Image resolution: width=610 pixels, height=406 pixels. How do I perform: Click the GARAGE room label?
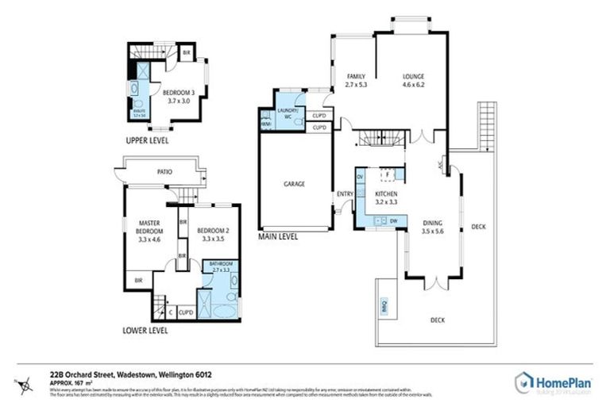tap(295, 184)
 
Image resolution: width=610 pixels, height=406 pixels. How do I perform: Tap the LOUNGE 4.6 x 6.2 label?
tap(414, 79)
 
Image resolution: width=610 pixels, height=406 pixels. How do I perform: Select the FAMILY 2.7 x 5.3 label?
tap(356, 79)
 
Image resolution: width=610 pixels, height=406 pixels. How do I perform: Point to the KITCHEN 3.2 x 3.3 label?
tap(386, 198)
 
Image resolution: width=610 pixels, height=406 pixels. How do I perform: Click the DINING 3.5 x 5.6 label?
tap(433, 228)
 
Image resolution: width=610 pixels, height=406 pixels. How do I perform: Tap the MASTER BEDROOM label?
tap(149, 231)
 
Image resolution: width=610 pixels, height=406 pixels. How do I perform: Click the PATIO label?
tap(165, 172)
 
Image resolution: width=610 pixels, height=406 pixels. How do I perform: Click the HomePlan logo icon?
tap(525, 382)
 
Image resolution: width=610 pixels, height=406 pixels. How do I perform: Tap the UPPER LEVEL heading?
tap(147, 141)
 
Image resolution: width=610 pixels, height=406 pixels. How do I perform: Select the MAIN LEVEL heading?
tap(279, 236)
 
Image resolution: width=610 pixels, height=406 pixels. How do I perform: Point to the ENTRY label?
tap(345, 194)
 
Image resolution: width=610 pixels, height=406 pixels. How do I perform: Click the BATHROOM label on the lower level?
tap(220, 266)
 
